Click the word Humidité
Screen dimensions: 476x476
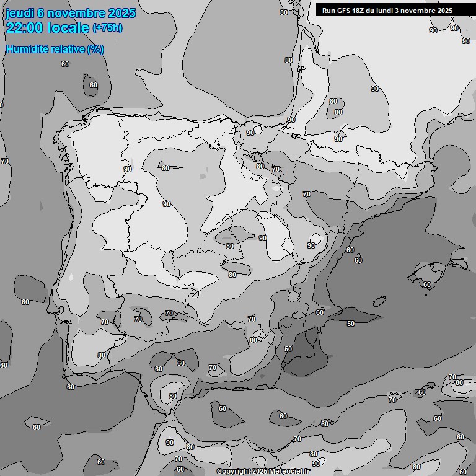point(27,49)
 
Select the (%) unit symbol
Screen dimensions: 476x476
point(95,49)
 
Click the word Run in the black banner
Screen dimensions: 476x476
point(328,11)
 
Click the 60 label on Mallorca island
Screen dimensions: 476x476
point(427,284)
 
